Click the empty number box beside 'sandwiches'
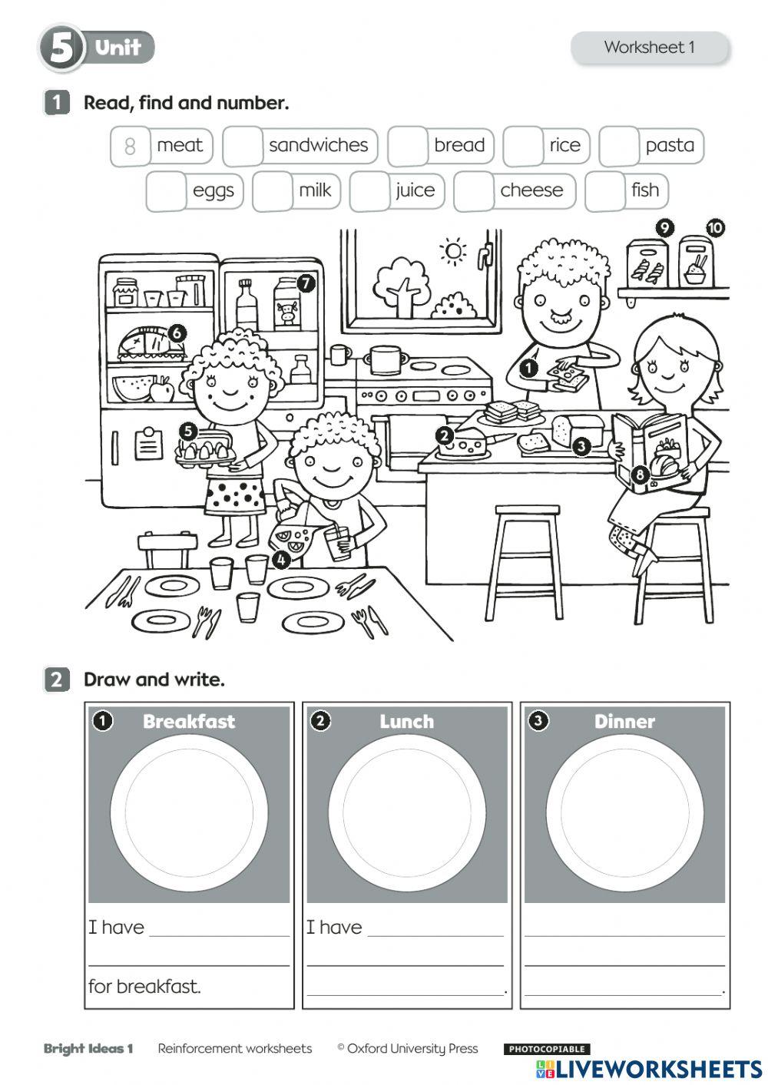(243, 146)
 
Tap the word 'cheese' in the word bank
(531, 190)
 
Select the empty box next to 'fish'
(604, 191)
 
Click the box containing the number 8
(130, 146)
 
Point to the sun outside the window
(453, 251)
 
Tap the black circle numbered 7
(306, 283)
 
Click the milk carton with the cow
(287, 303)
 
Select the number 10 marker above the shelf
(714, 228)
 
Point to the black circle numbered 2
(444, 435)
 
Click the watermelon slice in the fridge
(132, 389)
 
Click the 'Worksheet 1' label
(649, 48)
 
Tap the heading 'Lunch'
(406, 722)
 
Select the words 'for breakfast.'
(144, 987)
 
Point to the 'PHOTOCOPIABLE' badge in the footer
(547, 1049)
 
